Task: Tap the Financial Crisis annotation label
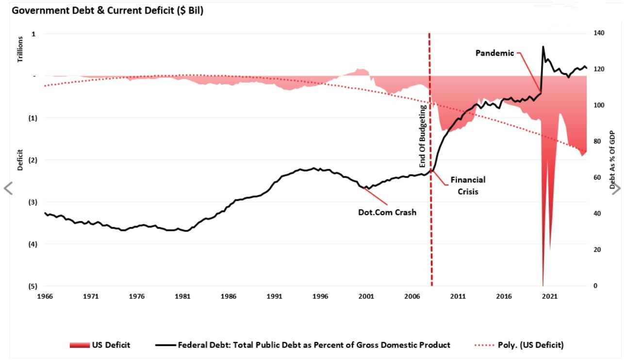pos(468,185)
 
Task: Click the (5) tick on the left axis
pos(33,286)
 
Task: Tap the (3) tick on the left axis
pos(33,202)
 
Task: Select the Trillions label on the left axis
pos(20,49)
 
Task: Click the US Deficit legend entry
pos(100,345)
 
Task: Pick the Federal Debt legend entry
pos(303,345)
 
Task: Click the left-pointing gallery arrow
pos(8,188)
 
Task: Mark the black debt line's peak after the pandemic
pos(543,47)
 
